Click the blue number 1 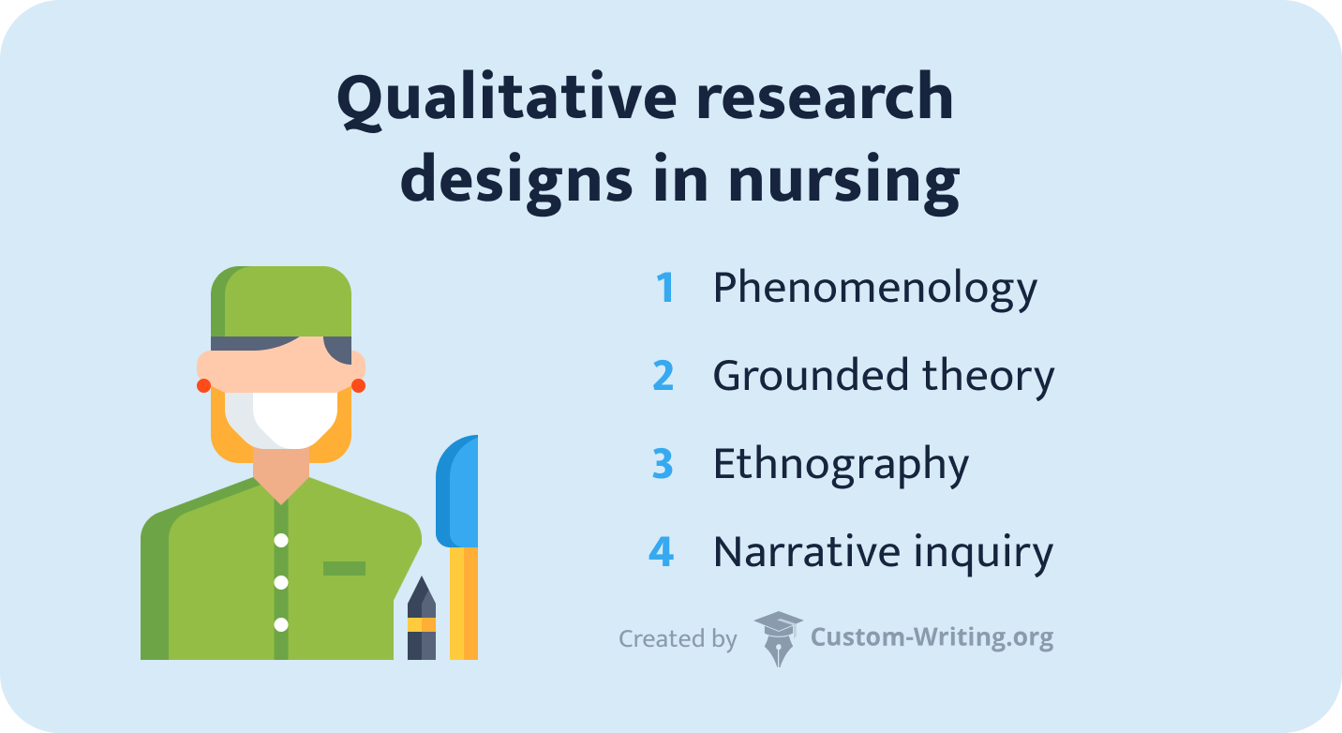[x=664, y=288]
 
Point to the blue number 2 [x=663, y=376]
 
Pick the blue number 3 [x=663, y=464]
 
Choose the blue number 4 [x=662, y=551]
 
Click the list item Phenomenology [x=874, y=289]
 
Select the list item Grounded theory [x=883, y=376]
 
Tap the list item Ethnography [x=841, y=465]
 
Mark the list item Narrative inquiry [x=883, y=552]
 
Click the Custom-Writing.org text [x=932, y=638]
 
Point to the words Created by [x=678, y=639]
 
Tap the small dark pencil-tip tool [x=421, y=619]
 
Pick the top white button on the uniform [x=281, y=540]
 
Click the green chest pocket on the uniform [x=344, y=568]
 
